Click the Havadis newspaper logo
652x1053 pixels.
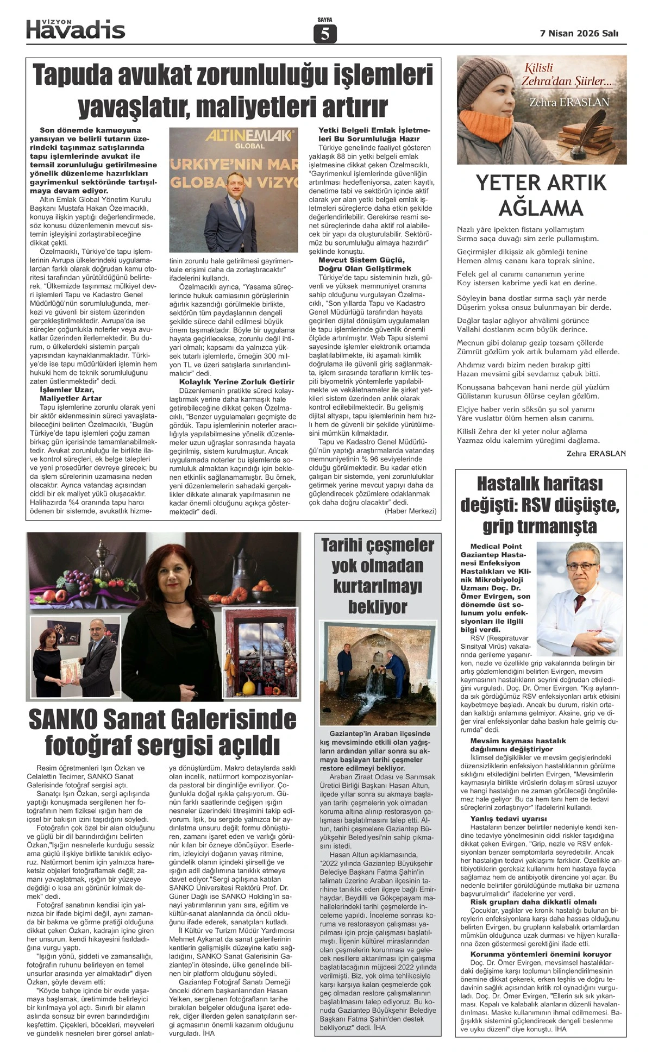pos(76,29)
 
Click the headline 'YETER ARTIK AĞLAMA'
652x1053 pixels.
pos(541,195)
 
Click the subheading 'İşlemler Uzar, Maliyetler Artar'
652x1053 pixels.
pos(71,394)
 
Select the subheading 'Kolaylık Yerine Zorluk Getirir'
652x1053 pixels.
pos(236,382)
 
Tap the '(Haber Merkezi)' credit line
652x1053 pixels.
pos(410,511)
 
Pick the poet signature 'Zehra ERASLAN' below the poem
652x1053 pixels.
pos(596,453)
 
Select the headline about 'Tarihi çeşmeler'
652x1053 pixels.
pos(377,575)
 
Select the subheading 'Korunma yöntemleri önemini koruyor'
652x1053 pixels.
pos(541,954)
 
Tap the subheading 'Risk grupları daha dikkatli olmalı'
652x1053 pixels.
pos(533,902)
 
